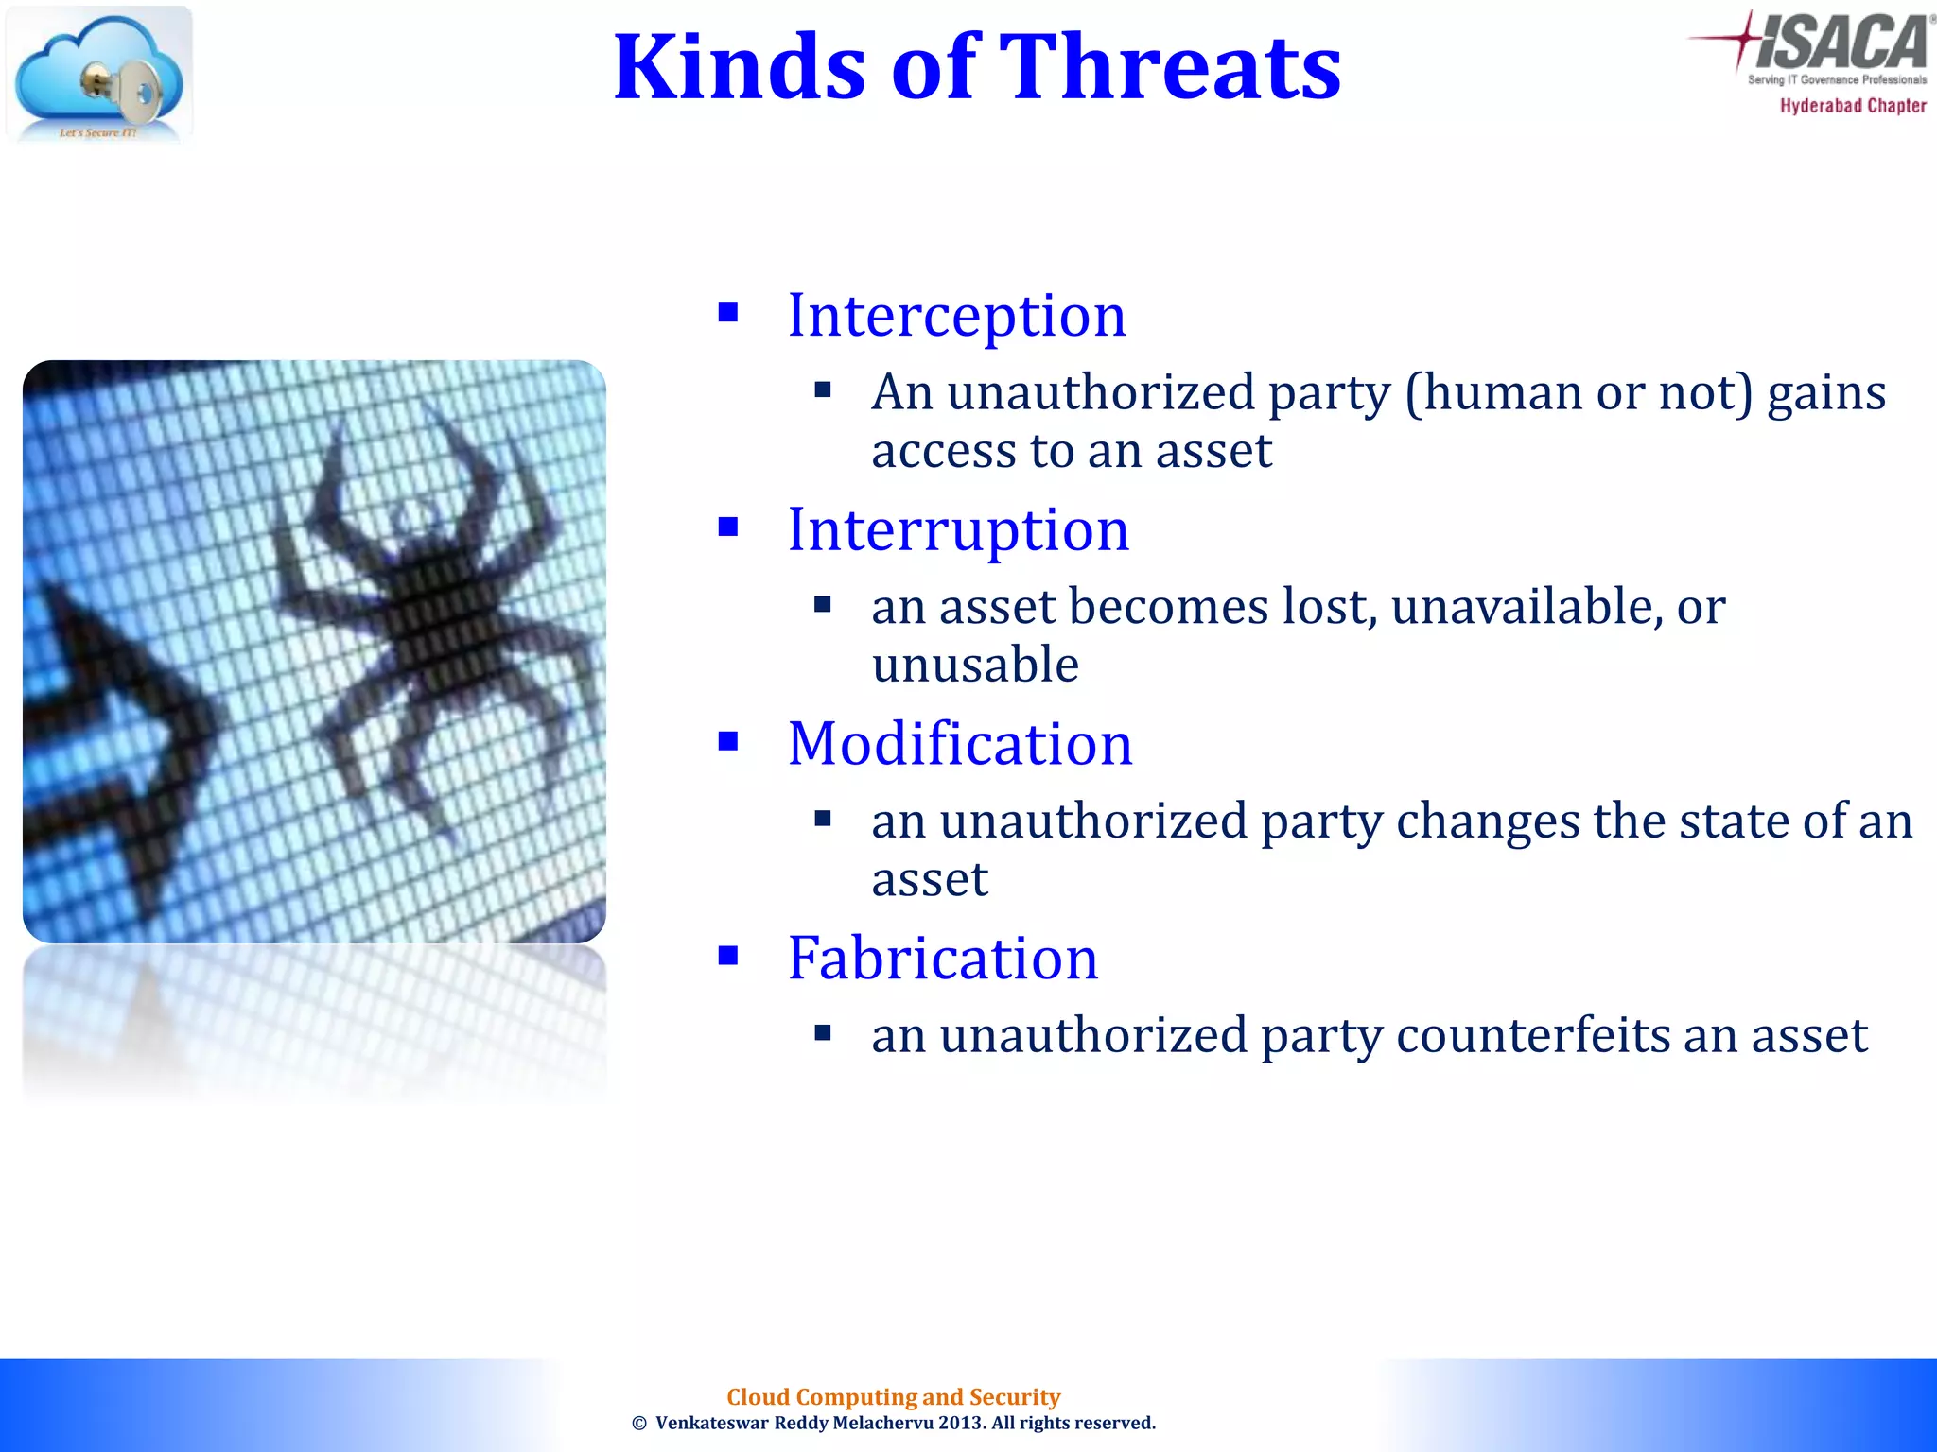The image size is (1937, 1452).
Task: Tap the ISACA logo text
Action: click(x=1841, y=43)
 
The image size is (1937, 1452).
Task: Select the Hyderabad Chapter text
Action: click(x=1853, y=106)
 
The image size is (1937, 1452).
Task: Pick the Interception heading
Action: click(x=956, y=315)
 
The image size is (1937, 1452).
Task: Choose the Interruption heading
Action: click(x=958, y=529)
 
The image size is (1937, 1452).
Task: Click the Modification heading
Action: click(x=960, y=744)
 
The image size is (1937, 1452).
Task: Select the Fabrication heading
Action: click(x=943, y=958)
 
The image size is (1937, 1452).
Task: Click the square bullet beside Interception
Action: click(x=727, y=313)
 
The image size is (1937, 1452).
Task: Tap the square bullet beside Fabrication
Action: click(x=727, y=956)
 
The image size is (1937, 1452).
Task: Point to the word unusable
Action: click(x=975, y=665)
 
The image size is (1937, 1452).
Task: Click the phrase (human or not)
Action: click(x=1579, y=392)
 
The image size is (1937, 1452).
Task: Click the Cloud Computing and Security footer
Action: click(x=893, y=1397)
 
